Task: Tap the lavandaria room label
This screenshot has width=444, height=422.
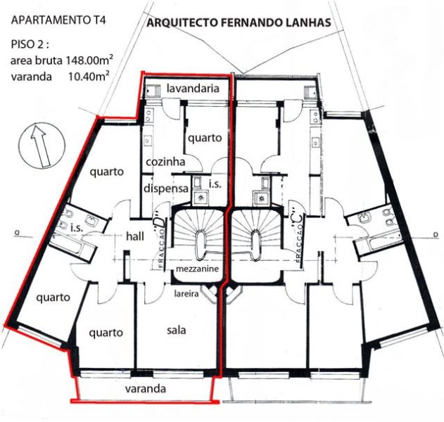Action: [x=198, y=89]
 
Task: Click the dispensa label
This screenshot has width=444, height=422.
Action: [x=165, y=188]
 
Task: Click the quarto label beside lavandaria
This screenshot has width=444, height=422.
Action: [x=205, y=138]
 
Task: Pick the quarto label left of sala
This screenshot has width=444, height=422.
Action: [x=106, y=333]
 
